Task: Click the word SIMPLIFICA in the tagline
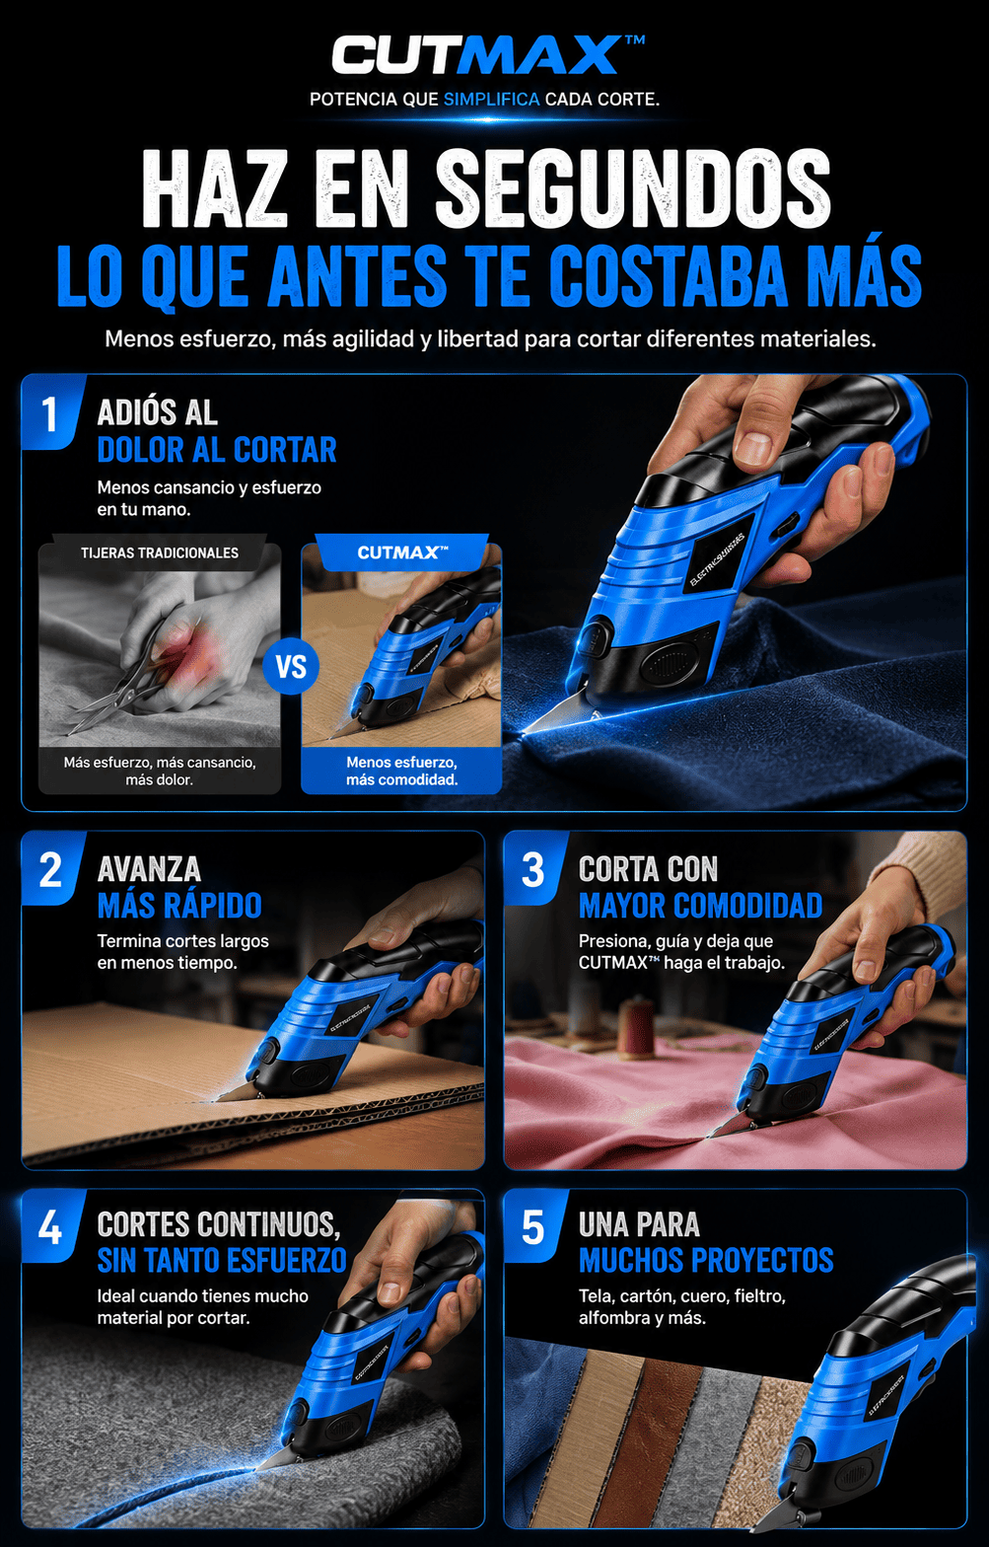(491, 100)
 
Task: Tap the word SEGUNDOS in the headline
(632, 188)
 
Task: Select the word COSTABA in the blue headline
(669, 275)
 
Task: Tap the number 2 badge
(50, 869)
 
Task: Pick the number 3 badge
(532, 869)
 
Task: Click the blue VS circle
(291, 667)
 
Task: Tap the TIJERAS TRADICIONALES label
(160, 552)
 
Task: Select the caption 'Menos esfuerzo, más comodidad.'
(401, 771)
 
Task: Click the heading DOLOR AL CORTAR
(217, 450)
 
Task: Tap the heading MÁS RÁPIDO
(179, 906)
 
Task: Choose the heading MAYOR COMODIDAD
(700, 906)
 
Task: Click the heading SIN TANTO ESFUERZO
(222, 1261)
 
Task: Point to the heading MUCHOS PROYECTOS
(706, 1261)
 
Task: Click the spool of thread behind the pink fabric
(635, 1029)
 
